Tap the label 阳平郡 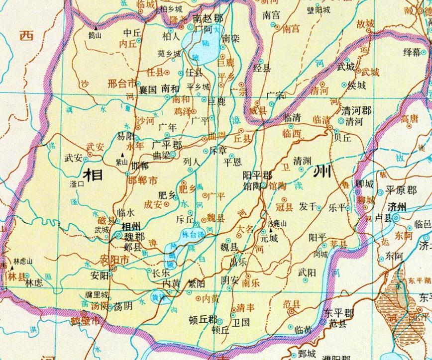(257, 175)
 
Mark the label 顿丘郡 (203, 320)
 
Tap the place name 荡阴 (123, 306)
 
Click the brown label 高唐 (411, 118)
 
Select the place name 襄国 (148, 89)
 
